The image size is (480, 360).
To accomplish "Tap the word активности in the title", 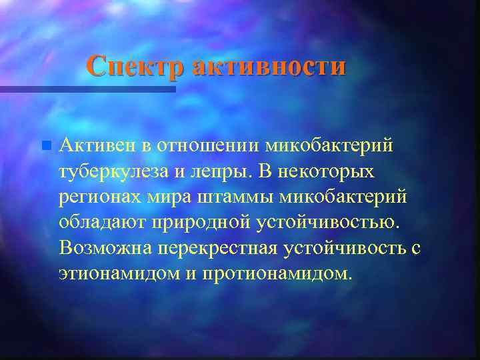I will point(269,67).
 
